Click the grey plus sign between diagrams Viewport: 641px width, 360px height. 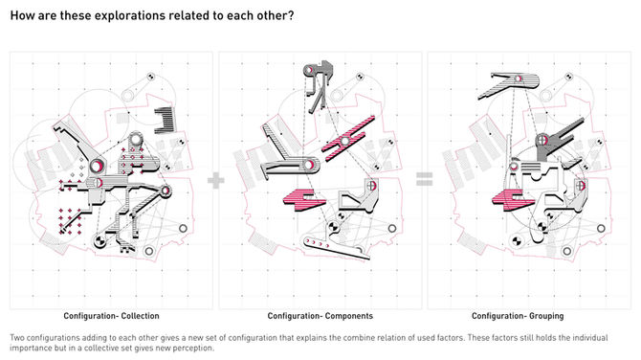tap(216, 180)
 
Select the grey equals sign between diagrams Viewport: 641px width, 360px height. tap(425, 179)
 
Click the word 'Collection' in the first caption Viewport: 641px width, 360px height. tap(141, 316)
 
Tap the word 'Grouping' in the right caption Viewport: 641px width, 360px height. tap(546, 316)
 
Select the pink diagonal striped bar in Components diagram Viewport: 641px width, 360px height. tap(348, 135)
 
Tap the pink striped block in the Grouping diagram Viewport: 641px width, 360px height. tap(513, 200)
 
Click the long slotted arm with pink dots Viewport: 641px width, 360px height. tap(335, 247)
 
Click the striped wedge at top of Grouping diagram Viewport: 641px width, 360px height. tap(509, 85)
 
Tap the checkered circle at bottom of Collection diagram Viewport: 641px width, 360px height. tap(99, 241)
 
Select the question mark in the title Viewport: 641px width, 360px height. tap(291, 15)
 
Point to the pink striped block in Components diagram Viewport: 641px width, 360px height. tap(304, 200)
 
